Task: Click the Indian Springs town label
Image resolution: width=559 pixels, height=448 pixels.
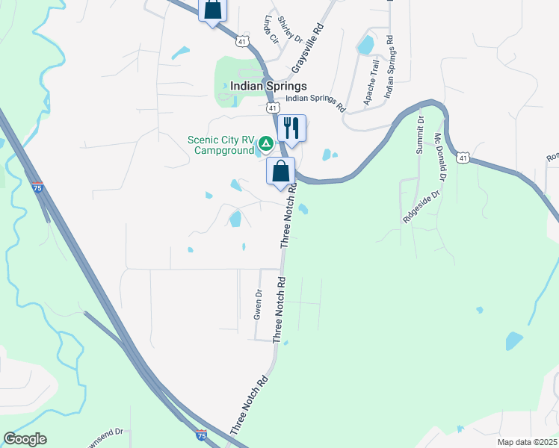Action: tap(268, 86)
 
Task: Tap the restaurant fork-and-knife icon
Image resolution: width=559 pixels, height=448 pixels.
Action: tap(291, 128)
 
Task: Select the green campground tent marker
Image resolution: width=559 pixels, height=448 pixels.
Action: tap(265, 143)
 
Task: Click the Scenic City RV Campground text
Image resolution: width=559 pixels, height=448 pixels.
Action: tap(222, 145)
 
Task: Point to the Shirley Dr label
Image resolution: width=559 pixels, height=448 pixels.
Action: tap(290, 29)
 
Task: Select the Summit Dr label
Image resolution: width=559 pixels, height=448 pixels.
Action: tap(421, 134)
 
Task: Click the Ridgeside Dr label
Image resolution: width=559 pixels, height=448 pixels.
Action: tap(423, 207)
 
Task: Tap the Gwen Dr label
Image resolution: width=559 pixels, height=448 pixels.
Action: tap(259, 305)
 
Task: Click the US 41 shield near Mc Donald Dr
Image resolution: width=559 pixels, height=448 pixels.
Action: tap(465, 158)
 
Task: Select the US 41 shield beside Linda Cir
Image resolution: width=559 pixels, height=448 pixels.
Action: tap(241, 41)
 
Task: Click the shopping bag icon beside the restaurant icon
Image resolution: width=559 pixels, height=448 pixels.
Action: tap(281, 172)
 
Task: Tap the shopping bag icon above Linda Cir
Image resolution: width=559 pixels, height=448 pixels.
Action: tap(212, 10)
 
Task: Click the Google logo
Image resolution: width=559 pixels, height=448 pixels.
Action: tap(25, 439)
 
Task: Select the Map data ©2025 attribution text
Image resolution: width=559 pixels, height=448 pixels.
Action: tap(527, 442)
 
